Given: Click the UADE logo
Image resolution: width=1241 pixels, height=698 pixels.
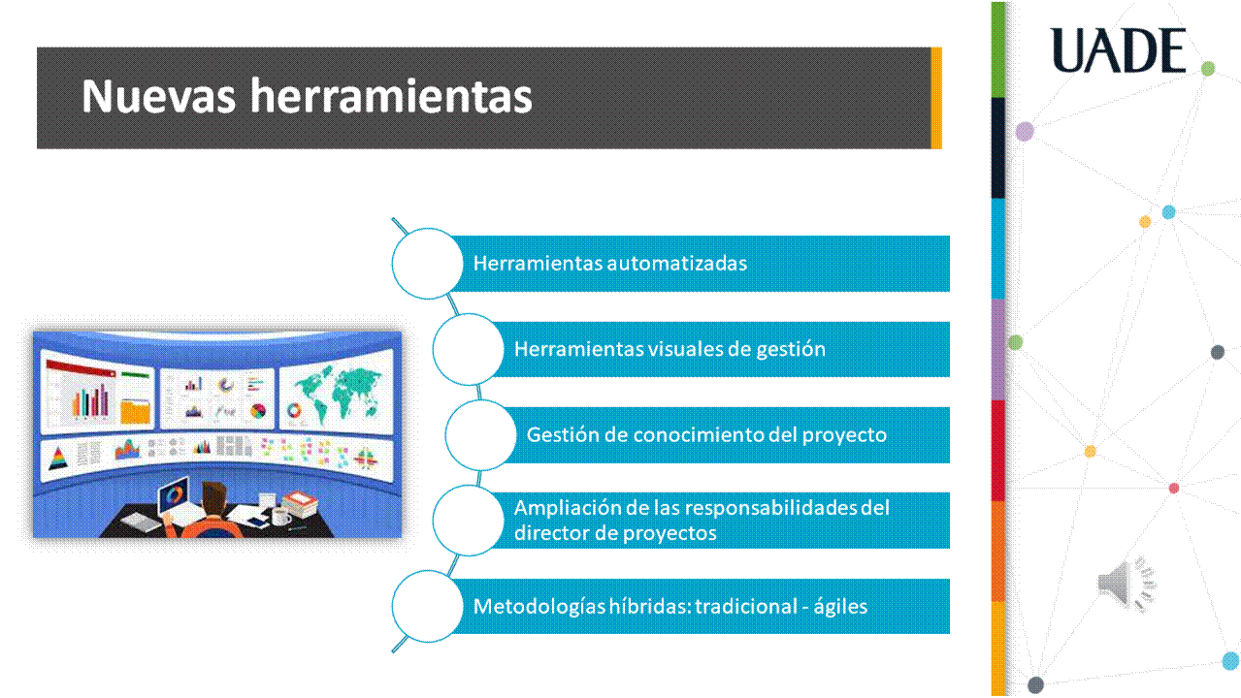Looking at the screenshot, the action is point(1118,50).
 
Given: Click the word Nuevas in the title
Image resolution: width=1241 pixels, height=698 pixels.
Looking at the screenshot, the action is point(158,96).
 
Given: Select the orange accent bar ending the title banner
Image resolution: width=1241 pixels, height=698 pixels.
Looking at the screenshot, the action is point(936,98).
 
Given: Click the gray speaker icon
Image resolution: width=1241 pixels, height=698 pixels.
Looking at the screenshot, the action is point(1127,584).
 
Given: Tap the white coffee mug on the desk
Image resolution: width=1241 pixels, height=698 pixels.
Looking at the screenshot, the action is point(281,517).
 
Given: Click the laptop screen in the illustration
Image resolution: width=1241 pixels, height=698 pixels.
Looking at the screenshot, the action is point(175,495).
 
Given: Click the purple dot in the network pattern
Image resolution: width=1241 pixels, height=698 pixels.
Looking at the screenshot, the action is point(1025,132).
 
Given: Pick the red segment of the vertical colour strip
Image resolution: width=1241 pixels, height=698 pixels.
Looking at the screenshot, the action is point(997,451).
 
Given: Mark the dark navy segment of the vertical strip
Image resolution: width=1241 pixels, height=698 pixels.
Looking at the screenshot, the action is point(997,148).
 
